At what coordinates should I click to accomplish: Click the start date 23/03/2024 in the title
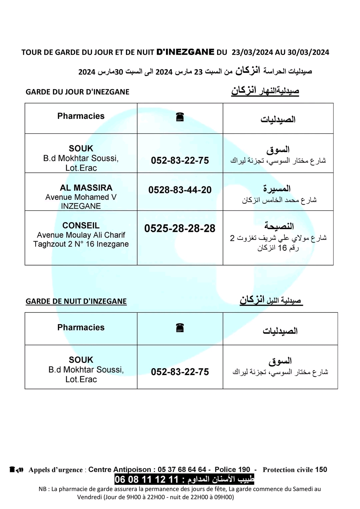tap(252, 52)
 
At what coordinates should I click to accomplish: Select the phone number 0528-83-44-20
tap(180, 190)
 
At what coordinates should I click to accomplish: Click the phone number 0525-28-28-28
tap(180, 229)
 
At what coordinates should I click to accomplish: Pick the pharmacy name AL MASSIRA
tap(86, 188)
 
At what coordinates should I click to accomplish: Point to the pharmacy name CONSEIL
tap(81, 226)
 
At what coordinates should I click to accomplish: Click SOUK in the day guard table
tap(81, 149)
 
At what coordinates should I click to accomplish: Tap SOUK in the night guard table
tap(81, 360)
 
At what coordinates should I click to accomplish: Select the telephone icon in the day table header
tap(180, 117)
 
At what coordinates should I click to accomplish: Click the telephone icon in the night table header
tap(180, 328)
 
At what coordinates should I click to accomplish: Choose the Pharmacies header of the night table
tap(81, 327)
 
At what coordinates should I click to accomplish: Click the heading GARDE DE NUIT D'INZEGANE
tap(76, 301)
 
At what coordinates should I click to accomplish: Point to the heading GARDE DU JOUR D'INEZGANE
tap(77, 92)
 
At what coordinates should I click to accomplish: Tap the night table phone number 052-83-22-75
tap(180, 372)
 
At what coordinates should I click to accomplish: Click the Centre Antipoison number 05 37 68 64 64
tap(182, 470)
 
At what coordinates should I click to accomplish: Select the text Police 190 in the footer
tap(232, 470)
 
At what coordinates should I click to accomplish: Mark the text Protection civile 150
tap(295, 470)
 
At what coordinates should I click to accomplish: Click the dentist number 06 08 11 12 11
tap(147, 480)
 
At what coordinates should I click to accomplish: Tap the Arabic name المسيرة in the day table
tap(277, 189)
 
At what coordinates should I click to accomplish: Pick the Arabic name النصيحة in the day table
tap(279, 226)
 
